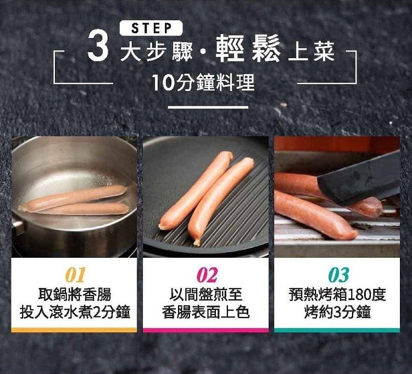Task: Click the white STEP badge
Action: pos(151,28)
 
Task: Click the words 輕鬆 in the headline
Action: pos(248,48)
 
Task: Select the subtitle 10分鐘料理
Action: pos(203,82)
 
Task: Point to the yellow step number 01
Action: pos(75,275)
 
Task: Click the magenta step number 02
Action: pos(207,275)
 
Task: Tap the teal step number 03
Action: pos(339,275)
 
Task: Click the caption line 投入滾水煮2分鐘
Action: pos(75,312)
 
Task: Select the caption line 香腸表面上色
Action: pos(206,312)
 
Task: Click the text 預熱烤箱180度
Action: pos(337,294)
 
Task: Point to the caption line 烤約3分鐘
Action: pos(337,312)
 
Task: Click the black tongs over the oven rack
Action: pos(359,179)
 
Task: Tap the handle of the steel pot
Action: pos(18,228)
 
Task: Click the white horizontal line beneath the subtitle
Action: pos(208,107)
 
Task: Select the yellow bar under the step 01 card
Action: pos(74,330)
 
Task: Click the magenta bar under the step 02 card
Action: pos(206,330)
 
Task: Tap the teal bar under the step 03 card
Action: pos(337,330)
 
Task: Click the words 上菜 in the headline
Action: pos(311,52)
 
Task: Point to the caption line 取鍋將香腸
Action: pos(75,294)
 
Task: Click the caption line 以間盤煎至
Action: pos(206,294)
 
